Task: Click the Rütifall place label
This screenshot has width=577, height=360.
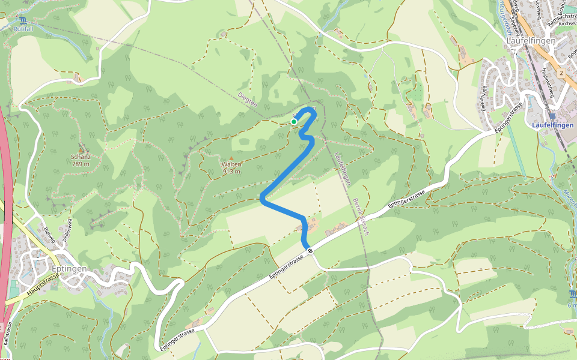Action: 23,28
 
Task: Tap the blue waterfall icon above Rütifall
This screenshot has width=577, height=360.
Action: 23,20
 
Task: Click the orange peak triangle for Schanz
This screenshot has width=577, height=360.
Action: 81,149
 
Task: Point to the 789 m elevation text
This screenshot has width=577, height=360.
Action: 80,164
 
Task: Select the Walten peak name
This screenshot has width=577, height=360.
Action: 231,164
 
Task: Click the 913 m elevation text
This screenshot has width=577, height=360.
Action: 231,172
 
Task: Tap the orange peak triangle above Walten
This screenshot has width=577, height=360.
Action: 231,158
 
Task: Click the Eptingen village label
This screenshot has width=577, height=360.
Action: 70,269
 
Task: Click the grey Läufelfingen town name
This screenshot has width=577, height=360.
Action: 531,41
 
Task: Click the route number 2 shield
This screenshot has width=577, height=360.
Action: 560,73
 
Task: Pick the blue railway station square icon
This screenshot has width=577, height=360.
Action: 552,116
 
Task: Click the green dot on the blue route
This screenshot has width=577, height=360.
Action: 294,122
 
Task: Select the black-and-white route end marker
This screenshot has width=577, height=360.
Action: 310,250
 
